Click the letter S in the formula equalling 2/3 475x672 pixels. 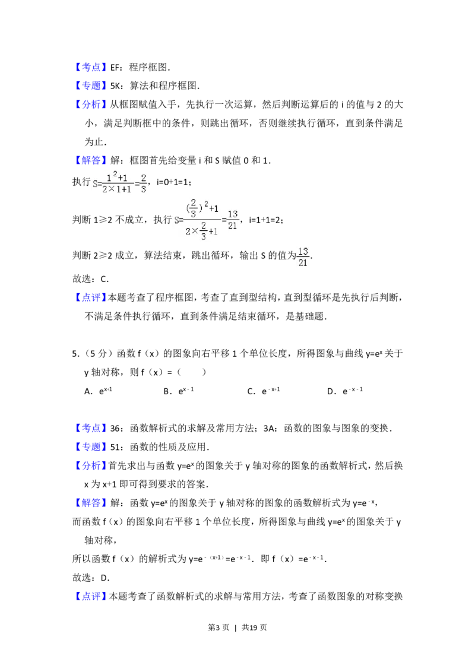(x=95, y=185)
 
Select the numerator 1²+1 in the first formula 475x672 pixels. (x=118, y=177)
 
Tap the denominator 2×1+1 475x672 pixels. (x=117, y=189)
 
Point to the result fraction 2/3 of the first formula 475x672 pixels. (x=143, y=184)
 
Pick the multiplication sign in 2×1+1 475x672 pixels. (x=110, y=189)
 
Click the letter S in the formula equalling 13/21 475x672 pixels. (x=176, y=220)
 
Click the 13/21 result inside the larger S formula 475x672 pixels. (x=233, y=219)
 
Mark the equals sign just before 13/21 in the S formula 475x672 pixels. (x=224, y=219)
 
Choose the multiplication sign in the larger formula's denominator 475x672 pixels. (x=193, y=231)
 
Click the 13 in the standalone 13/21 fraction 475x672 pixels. (x=303, y=252)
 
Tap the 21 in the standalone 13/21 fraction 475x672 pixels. (x=303, y=262)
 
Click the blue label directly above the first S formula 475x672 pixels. (x=92, y=160)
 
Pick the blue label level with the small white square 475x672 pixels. (x=92, y=68)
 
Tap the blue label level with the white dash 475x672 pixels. (x=92, y=428)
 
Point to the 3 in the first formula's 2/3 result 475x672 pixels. (x=143, y=189)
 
